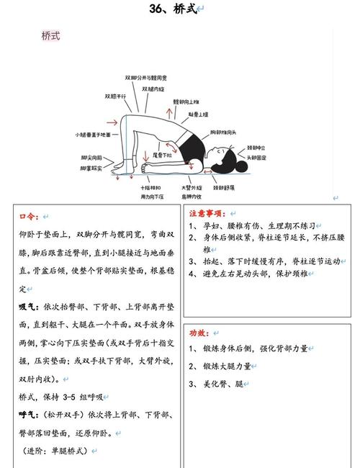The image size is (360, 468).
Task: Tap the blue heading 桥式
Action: (51, 35)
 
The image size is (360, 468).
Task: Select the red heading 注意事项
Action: (207, 214)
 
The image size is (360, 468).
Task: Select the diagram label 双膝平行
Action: (115, 95)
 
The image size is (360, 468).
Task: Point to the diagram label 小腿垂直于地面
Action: (93, 135)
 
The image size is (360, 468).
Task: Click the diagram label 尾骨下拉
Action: (162, 154)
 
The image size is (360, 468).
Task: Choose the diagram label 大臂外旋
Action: (191, 188)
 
